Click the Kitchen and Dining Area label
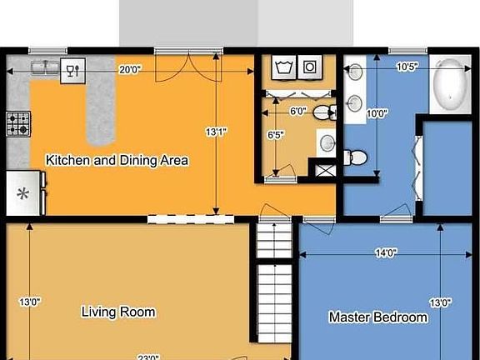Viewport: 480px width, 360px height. [117, 160]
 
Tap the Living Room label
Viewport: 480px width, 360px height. [118, 312]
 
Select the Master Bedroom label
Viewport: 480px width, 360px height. [378, 317]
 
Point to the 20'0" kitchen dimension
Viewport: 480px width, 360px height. [129, 70]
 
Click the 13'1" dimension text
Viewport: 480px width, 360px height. [216, 132]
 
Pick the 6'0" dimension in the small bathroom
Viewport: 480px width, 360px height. [298, 111]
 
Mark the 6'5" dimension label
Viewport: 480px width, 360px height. [276, 134]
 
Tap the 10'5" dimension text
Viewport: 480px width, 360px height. [407, 67]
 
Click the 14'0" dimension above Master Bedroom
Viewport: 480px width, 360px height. [385, 254]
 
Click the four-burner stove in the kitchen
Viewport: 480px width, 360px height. [18, 124]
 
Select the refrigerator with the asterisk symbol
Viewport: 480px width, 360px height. [23, 194]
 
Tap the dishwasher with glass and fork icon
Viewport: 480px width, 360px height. [72, 70]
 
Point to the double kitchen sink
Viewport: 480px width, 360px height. [42, 67]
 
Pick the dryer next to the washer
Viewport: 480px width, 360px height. [311, 67]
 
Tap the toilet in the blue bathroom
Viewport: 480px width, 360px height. [356, 156]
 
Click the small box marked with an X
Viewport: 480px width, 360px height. [322, 170]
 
